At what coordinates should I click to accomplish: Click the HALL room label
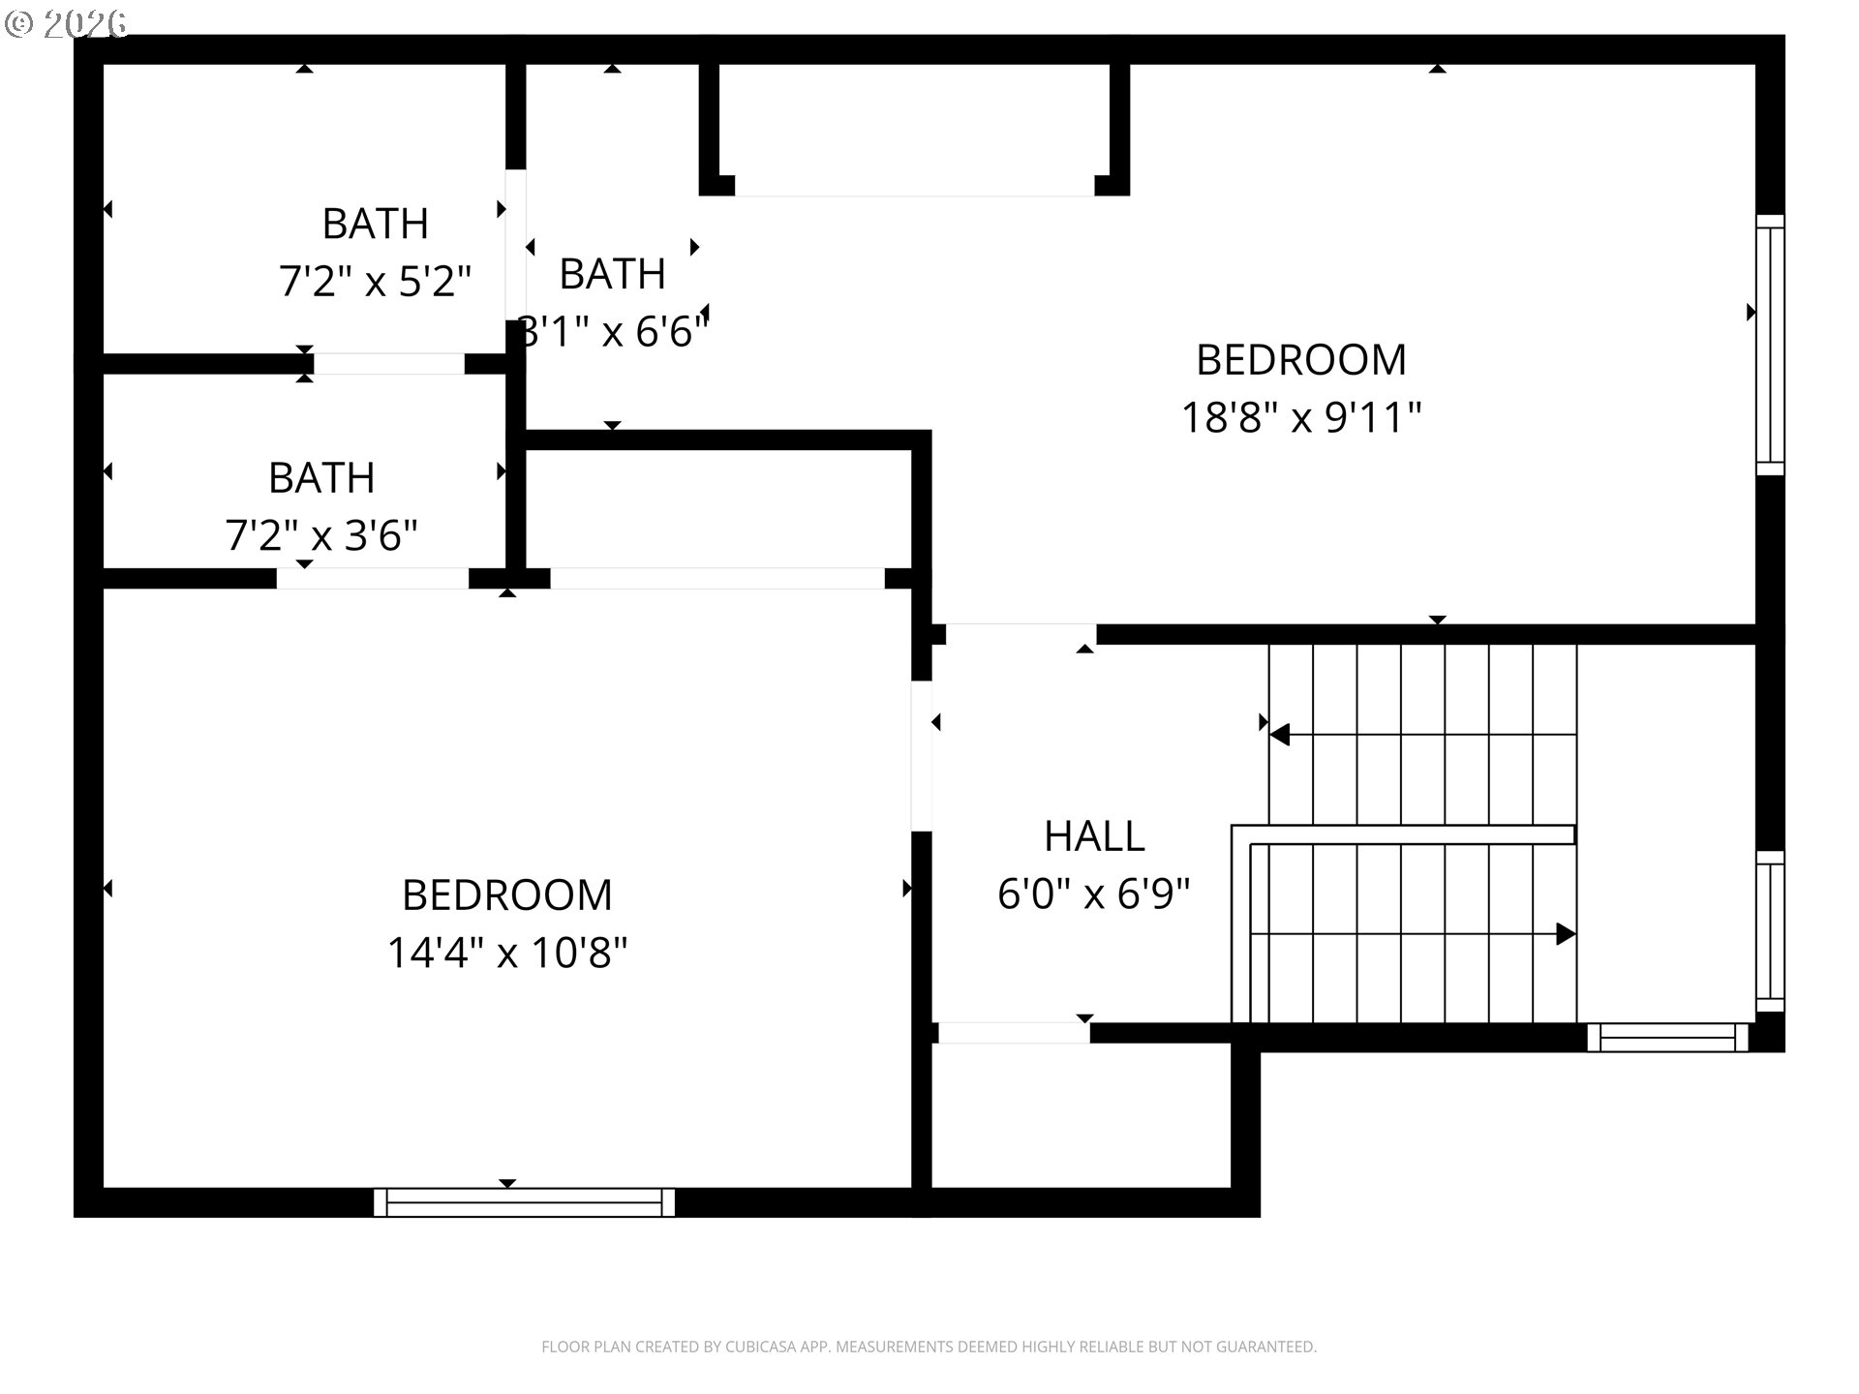(x=1094, y=836)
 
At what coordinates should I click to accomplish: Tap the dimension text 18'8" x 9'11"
(x=1301, y=418)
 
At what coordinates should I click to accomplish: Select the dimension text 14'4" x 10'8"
(x=507, y=953)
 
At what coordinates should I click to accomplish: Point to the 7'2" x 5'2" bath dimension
(x=375, y=282)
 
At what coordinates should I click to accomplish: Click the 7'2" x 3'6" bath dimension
(x=321, y=535)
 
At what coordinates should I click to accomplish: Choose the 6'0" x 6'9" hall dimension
(x=1094, y=894)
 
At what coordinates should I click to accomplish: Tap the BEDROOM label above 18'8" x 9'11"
(x=1301, y=360)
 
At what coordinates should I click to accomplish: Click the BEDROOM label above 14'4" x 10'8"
(x=507, y=895)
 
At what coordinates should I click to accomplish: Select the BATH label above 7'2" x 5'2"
(x=375, y=224)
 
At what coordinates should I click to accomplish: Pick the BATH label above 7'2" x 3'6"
(x=321, y=478)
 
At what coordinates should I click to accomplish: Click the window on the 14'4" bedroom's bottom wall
(x=525, y=1202)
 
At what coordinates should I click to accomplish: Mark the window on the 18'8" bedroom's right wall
(x=1770, y=345)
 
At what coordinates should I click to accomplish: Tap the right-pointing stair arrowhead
(x=1566, y=934)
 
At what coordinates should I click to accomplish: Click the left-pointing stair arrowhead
(x=1279, y=735)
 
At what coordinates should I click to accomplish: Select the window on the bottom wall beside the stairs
(x=1667, y=1038)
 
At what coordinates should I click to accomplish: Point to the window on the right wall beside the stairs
(x=1770, y=931)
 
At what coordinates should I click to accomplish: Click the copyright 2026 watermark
(x=66, y=23)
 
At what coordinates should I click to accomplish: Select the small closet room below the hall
(x=1081, y=1115)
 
